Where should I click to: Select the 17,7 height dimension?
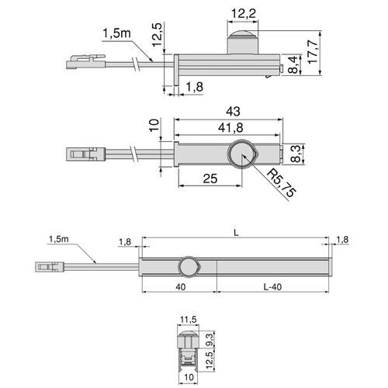313,54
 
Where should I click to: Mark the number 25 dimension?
210,178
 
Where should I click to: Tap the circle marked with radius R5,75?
242,155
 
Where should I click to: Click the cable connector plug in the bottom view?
49,268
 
